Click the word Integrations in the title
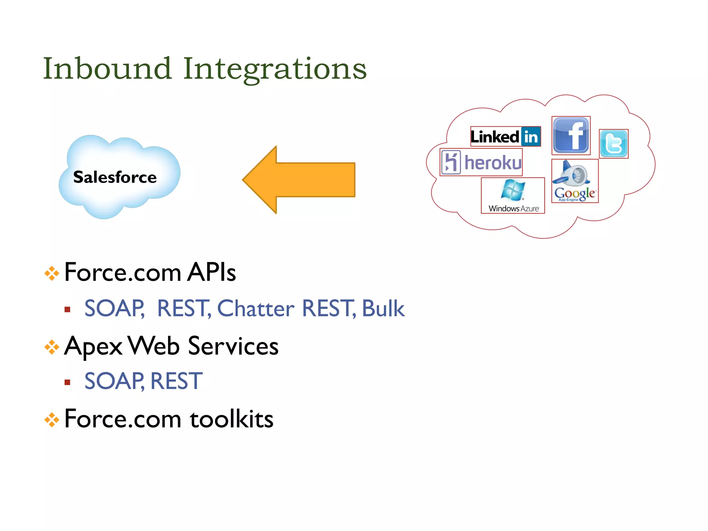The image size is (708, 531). coord(274,69)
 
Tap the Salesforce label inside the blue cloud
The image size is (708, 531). coord(115,177)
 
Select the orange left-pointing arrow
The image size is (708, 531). coord(299,180)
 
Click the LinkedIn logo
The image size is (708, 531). coord(505,137)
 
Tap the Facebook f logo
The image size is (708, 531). coord(571,136)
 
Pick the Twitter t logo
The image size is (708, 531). coord(614,144)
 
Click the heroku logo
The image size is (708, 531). coord(481,162)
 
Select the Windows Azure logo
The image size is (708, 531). coord(513,195)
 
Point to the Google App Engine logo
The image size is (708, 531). coord(575,181)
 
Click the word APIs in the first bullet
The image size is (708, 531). coord(211,272)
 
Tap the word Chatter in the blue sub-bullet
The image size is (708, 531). coord(255,308)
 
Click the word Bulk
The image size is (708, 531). coord(383,308)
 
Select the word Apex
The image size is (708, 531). coord(93,346)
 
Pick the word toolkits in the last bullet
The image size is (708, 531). coord(232,419)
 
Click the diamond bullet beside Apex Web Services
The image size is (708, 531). coord(52,347)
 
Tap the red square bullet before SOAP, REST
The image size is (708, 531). coord(67,382)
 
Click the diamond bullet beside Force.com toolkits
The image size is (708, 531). coord(52,420)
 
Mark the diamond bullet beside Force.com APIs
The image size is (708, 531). coord(52,273)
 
